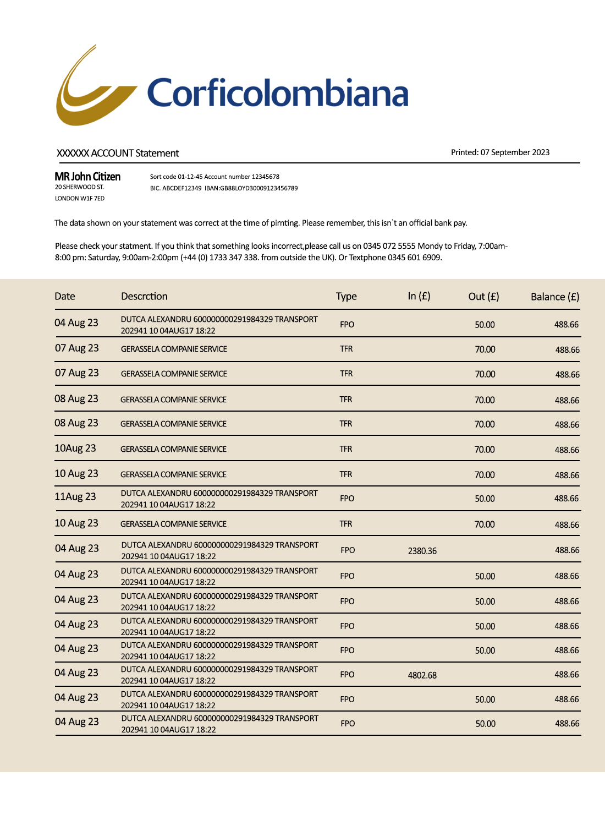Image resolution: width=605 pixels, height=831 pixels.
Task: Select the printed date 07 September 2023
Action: pyautogui.click(x=515, y=152)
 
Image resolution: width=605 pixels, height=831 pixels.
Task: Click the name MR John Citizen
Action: pyautogui.click(x=87, y=177)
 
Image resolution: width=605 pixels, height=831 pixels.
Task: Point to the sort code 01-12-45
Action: pyautogui.click(x=190, y=177)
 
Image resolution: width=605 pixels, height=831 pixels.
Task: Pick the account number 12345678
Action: pyautogui.click(x=266, y=177)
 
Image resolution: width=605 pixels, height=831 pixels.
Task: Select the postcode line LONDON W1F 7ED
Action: pyautogui.click(x=80, y=198)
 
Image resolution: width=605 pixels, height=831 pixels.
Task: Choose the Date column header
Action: pyautogui.click(x=65, y=296)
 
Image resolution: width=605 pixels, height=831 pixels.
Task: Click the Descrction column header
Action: pyautogui.click(x=144, y=296)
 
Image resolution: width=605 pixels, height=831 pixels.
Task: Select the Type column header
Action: pyautogui.click(x=346, y=297)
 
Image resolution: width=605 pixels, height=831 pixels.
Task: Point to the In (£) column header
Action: pyautogui.click(x=419, y=296)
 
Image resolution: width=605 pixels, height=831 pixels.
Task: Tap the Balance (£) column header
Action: pyautogui.click(x=554, y=297)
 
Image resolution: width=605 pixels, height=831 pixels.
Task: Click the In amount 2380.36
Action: pyautogui.click(x=422, y=551)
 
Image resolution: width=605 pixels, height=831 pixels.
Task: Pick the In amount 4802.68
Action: pyautogui.click(x=422, y=675)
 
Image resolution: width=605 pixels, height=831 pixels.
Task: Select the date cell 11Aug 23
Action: pyautogui.click(x=75, y=497)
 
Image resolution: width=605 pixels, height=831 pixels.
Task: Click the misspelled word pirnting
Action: pyautogui.click(x=284, y=223)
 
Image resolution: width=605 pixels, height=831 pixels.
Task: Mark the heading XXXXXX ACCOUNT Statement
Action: pyautogui.click(x=118, y=153)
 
